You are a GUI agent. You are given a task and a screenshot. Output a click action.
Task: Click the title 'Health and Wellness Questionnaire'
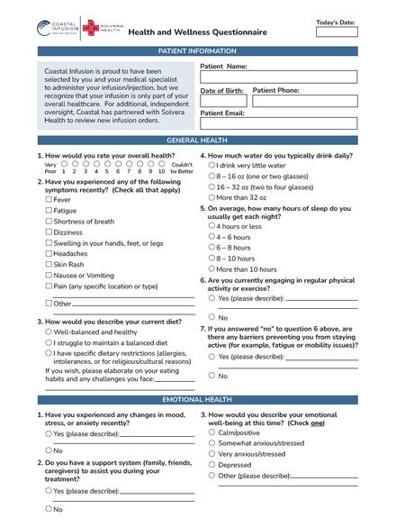point(197,32)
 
